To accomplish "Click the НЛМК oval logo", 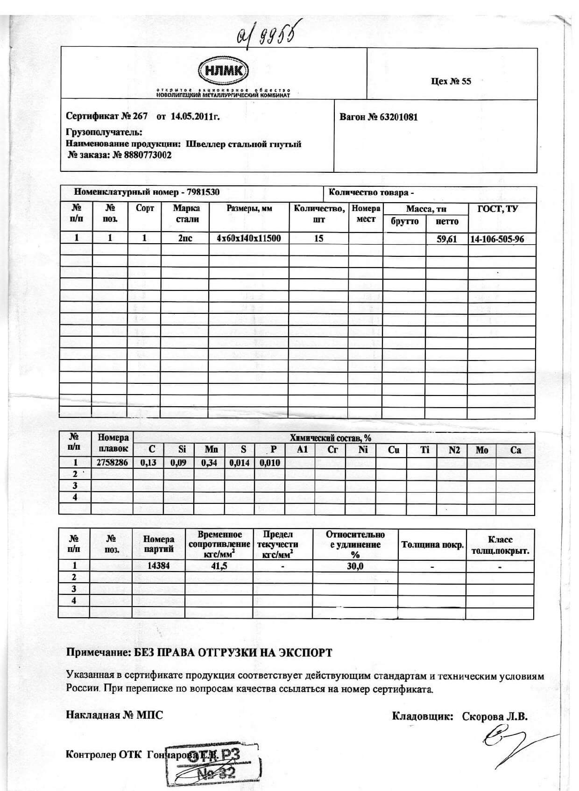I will [224, 71].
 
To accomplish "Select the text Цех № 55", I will [451, 81].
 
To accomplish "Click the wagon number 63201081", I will [399, 117].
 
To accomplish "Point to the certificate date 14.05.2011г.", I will [195, 117].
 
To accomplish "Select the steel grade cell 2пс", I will [185, 238].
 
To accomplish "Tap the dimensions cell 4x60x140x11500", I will [249, 238].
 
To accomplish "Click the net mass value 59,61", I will [446, 239].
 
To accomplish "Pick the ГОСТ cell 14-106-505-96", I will [497, 239].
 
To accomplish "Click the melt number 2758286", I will [112, 463].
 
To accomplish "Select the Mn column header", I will [211, 450].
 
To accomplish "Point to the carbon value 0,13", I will [148, 463].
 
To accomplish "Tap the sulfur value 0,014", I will [240, 463].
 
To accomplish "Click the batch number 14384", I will [158, 566].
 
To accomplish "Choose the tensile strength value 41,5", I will [219, 566].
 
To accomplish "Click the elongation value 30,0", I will [355, 566].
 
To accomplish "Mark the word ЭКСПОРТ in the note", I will [305, 652].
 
